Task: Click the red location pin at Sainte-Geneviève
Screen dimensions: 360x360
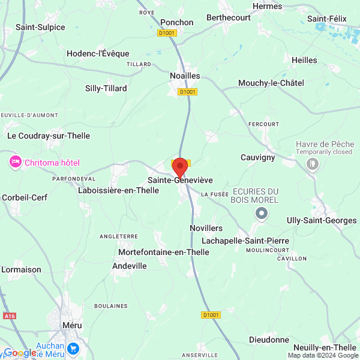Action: (180, 167)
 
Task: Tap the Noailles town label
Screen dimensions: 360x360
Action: (184, 76)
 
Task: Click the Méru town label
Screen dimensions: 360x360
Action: (72, 325)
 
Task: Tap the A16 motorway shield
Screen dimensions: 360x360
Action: (9, 316)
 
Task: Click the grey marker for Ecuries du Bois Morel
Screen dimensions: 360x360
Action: (262, 213)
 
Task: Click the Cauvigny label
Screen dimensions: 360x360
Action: (257, 157)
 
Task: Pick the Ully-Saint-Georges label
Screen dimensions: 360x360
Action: (322, 220)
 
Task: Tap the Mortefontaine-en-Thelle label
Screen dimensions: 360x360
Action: (164, 252)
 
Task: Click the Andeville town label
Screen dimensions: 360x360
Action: (130, 266)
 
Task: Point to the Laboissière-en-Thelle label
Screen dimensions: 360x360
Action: (118, 190)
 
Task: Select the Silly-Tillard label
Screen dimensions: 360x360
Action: (106, 88)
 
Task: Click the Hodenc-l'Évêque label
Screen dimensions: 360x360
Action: (98, 53)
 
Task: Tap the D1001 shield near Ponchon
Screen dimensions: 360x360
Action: (167, 33)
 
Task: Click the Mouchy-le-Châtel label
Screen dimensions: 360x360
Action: (271, 83)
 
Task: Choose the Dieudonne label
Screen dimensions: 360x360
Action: (269, 340)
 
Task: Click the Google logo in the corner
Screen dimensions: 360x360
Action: (20, 353)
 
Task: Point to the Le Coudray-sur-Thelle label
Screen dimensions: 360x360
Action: (49, 136)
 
